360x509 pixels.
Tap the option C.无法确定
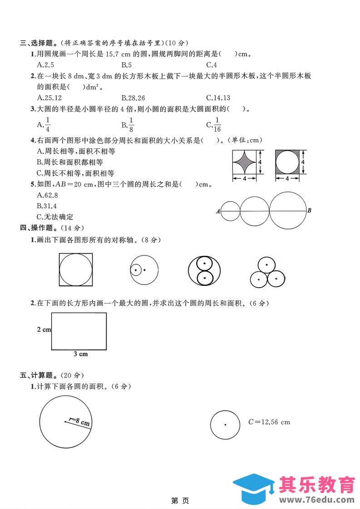coord(54,217)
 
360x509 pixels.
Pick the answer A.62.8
coord(47,195)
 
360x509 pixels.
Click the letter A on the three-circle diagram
coord(218,211)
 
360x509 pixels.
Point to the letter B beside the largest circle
coord(309,210)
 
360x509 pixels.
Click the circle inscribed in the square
coord(76,270)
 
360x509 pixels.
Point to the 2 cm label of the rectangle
coord(44,329)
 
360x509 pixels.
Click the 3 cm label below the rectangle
coord(80,354)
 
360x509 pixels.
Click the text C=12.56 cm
coord(269,422)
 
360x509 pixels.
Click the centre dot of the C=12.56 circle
coord(225,425)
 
